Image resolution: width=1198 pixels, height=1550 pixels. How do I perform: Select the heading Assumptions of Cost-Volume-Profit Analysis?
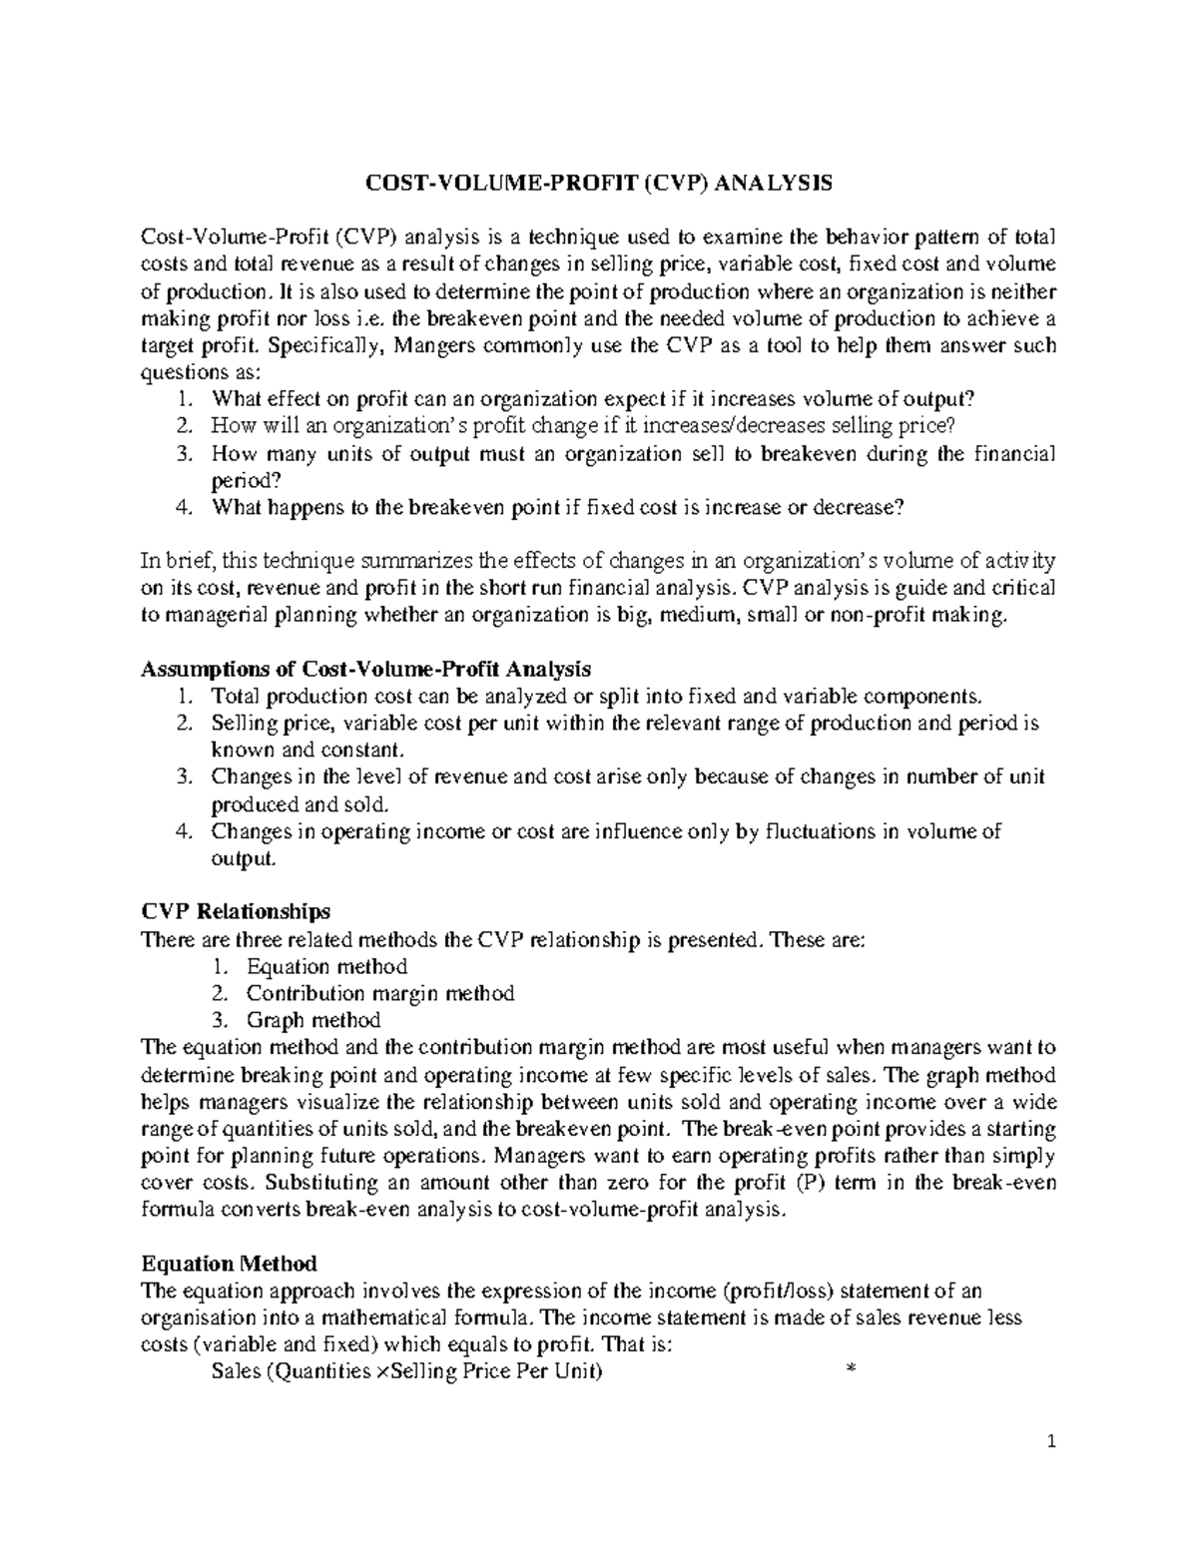(366, 668)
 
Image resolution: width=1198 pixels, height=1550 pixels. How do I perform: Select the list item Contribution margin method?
(380, 993)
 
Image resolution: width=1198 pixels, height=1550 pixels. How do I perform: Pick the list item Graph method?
(313, 1020)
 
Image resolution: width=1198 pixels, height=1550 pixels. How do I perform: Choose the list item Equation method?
(326, 966)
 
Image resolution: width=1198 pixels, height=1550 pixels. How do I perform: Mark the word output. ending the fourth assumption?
(241, 858)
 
